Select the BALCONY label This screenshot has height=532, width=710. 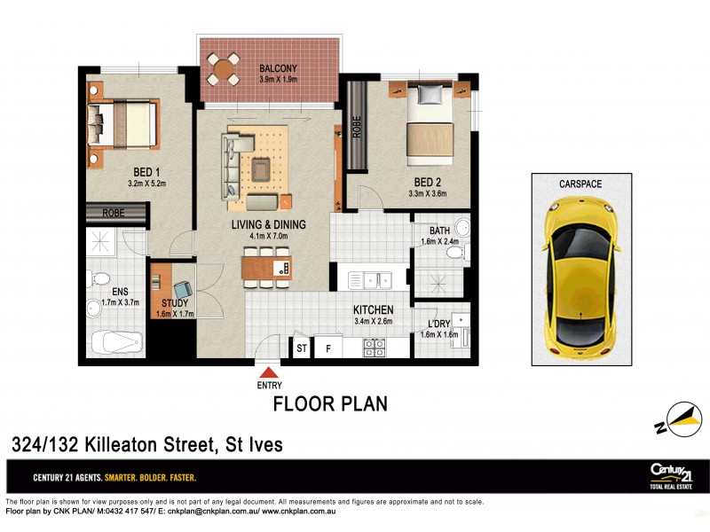(x=279, y=68)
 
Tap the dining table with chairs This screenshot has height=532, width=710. (x=265, y=266)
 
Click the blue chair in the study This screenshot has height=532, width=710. (x=184, y=290)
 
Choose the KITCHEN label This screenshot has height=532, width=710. (x=373, y=309)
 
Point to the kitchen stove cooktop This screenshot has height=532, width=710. (x=373, y=348)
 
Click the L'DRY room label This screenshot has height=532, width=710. (x=438, y=324)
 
